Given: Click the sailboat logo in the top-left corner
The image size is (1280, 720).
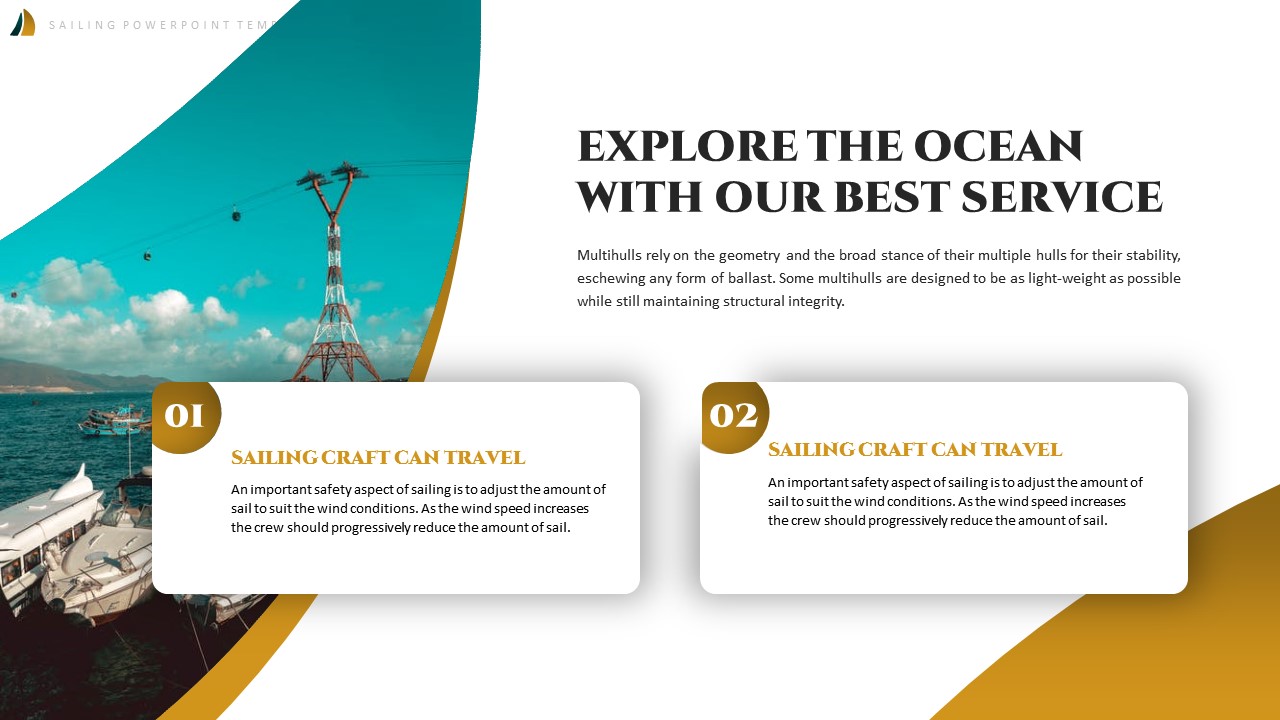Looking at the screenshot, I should (x=22, y=23).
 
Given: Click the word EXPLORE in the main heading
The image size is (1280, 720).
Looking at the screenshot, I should (x=687, y=148).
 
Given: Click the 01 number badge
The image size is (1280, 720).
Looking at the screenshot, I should (x=185, y=416).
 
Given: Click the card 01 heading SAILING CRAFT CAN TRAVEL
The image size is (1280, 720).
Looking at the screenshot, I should (x=378, y=458).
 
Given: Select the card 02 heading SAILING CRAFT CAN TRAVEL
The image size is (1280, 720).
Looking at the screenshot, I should (x=915, y=450).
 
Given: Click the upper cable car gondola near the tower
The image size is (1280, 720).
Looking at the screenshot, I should (x=237, y=214).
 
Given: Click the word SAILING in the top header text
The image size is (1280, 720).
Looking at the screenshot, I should (x=83, y=25).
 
